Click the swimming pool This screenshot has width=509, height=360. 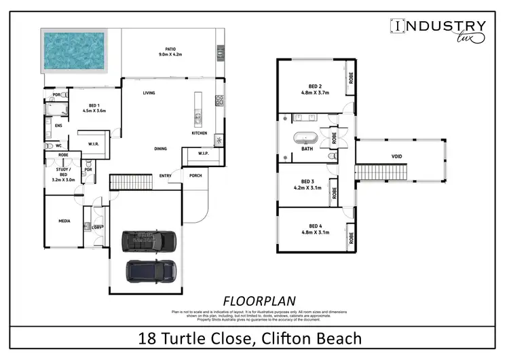click(x=75, y=52)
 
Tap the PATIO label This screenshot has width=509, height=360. click(x=170, y=49)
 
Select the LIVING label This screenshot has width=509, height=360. click(x=150, y=93)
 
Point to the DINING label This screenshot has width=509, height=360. click(x=161, y=148)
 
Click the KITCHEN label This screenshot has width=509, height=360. click(x=199, y=133)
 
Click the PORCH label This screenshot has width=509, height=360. click(x=196, y=176)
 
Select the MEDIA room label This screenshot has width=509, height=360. click(x=64, y=221)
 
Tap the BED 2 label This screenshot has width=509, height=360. click(x=315, y=86)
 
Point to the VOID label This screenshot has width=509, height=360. click(x=397, y=157)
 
